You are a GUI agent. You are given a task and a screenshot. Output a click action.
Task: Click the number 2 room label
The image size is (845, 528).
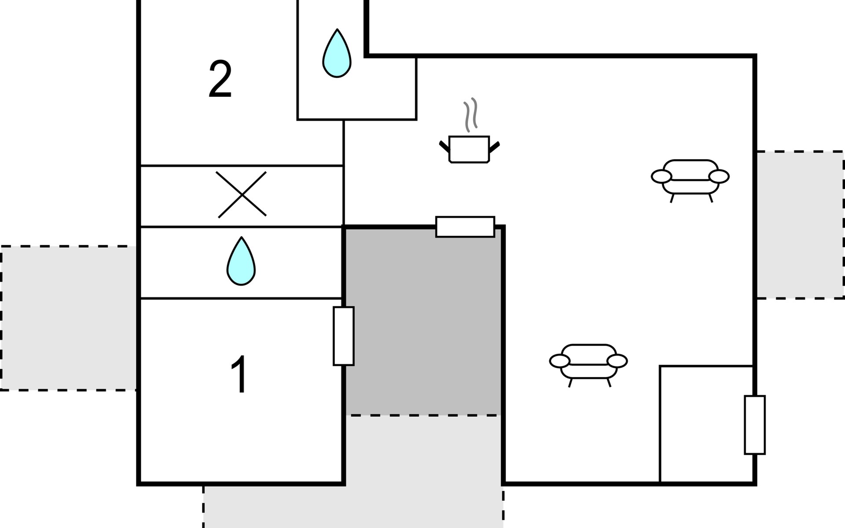(220, 79)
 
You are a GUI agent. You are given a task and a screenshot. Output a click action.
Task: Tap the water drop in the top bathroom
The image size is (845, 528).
(337, 54)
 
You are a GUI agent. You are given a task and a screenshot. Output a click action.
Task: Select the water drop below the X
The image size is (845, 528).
(241, 261)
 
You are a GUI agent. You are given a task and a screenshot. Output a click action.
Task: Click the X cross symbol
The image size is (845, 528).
(242, 194)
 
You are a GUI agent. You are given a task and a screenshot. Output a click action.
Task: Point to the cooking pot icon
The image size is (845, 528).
(469, 150)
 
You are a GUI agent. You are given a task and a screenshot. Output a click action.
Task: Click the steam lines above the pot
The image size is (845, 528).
(470, 114)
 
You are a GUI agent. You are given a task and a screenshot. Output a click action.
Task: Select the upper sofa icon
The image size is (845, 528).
(690, 177)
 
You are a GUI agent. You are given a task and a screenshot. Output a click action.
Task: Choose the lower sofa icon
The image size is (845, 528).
(588, 362)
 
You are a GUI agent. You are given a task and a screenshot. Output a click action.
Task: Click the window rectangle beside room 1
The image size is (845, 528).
(343, 336)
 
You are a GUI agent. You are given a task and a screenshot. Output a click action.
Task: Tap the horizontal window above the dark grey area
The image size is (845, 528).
(465, 227)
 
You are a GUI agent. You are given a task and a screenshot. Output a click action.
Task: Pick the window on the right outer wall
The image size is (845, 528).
(755, 425)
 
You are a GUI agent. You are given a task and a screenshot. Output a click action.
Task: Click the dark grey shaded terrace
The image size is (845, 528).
(422, 321)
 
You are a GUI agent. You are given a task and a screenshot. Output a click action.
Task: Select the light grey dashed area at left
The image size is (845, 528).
(68, 318)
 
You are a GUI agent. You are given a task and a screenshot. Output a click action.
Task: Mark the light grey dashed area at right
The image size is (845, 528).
(800, 225)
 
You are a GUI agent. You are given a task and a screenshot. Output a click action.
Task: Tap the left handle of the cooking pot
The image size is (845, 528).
(445, 146)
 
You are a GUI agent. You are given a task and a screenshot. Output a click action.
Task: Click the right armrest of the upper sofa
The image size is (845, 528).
(719, 176)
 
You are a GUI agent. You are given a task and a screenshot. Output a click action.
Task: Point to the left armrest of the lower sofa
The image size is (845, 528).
(560, 361)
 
